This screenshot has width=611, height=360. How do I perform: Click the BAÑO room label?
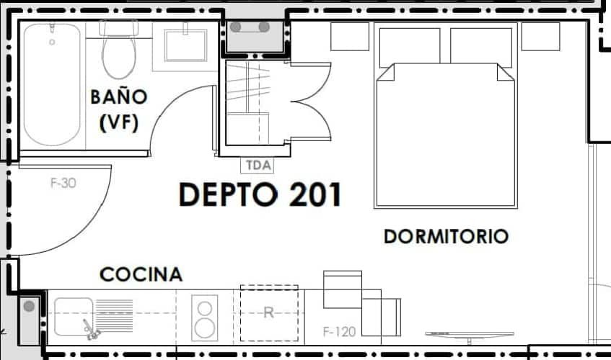118,96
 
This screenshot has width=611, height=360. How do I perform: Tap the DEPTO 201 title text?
260,195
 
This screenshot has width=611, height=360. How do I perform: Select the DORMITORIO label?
446,236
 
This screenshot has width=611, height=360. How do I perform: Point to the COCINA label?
141,274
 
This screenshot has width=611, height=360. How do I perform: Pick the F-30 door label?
63,183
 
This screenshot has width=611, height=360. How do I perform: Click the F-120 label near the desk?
339,332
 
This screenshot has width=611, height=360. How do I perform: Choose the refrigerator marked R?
269,313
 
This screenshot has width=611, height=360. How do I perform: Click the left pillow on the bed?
409,46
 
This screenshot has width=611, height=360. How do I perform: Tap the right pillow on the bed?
481,46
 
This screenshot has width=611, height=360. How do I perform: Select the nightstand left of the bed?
350,36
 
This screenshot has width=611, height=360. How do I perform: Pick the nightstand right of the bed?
540,36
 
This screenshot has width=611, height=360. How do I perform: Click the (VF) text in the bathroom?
118,122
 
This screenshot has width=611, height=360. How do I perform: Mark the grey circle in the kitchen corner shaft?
29,307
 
